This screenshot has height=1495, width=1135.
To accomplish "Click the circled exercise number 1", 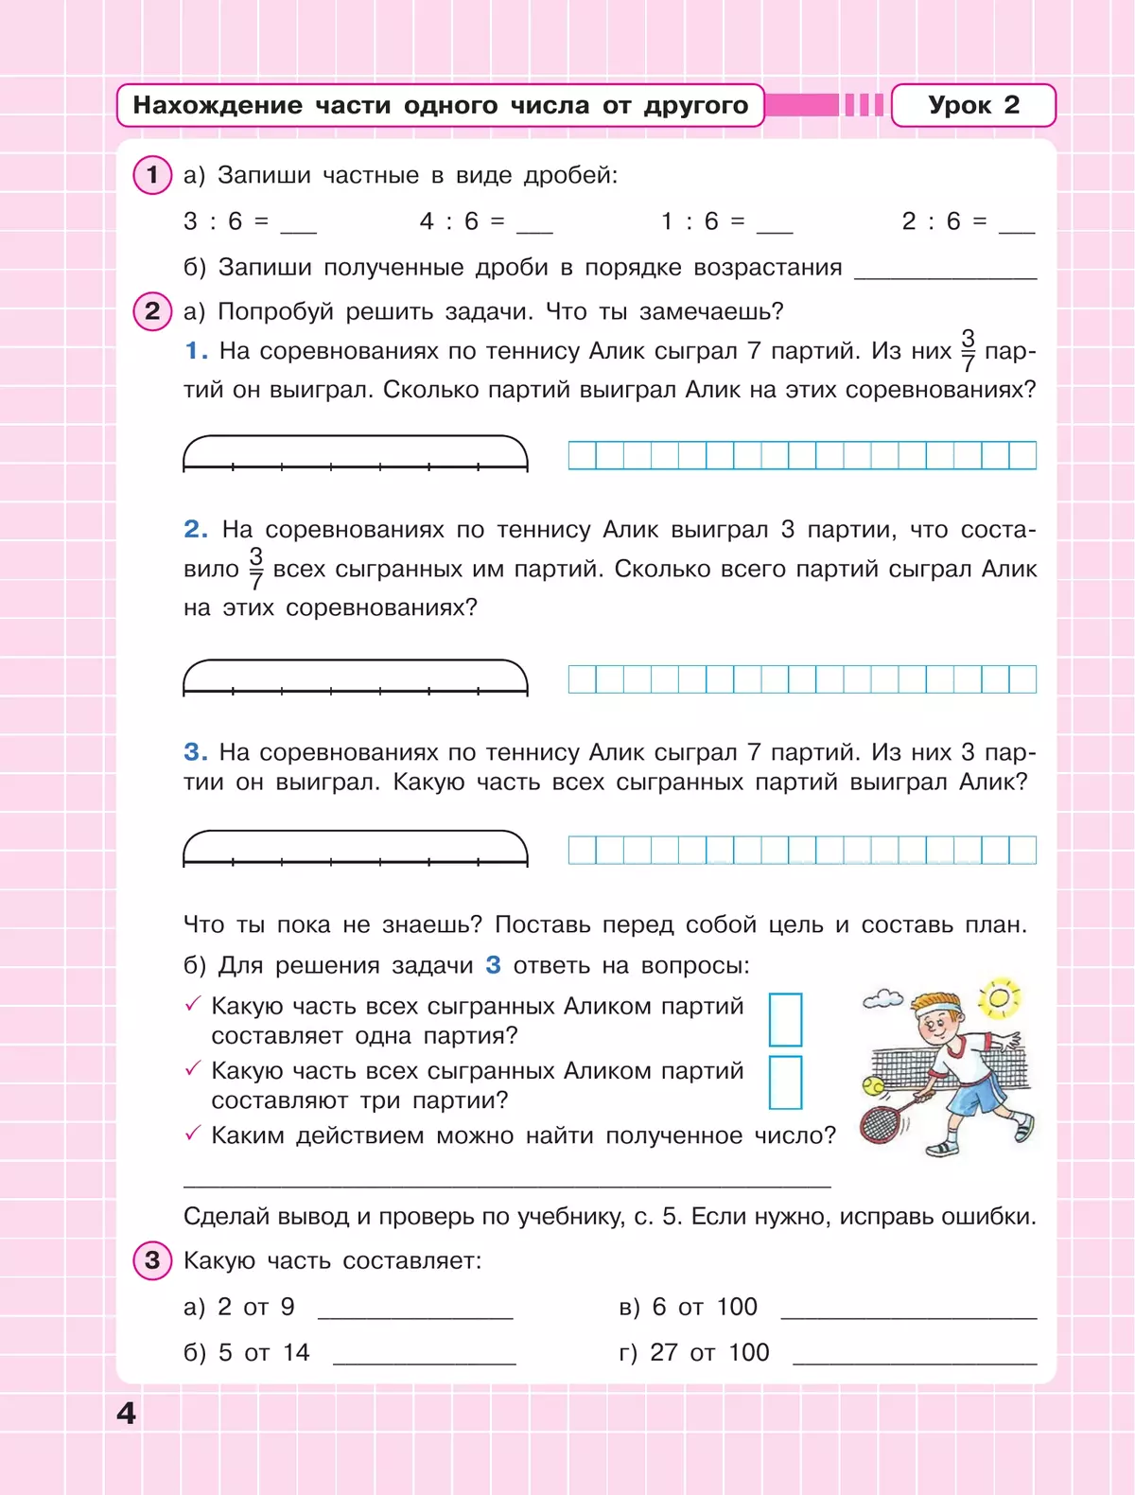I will click(152, 175).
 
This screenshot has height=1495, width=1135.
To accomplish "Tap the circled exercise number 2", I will click(152, 311).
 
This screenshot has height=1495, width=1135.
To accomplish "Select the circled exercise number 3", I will click(152, 1260).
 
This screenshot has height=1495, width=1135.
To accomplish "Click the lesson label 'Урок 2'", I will click(973, 105).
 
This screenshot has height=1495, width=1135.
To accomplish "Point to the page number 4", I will click(126, 1413).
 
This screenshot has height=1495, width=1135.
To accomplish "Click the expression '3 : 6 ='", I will click(226, 221).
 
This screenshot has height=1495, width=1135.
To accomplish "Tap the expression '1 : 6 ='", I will click(703, 221).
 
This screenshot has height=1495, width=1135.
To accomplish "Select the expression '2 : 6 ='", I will click(944, 221).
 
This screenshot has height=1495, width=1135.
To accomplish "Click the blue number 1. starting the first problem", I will click(196, 351).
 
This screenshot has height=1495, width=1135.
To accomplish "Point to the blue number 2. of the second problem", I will click(196, 529).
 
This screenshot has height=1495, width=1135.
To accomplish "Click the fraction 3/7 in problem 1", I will click(968, 350).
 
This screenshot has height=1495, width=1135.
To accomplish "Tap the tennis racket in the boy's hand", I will click(884, 1120).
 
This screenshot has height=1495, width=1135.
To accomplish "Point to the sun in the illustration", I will click(1000, 997).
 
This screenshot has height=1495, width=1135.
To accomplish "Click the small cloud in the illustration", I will click(883, 998).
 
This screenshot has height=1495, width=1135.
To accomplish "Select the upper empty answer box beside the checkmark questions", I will click(785, 1019).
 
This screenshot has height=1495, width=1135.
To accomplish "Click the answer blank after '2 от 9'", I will click(415, 1310).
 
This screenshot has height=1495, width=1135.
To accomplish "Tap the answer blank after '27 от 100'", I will click(915, 1355).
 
